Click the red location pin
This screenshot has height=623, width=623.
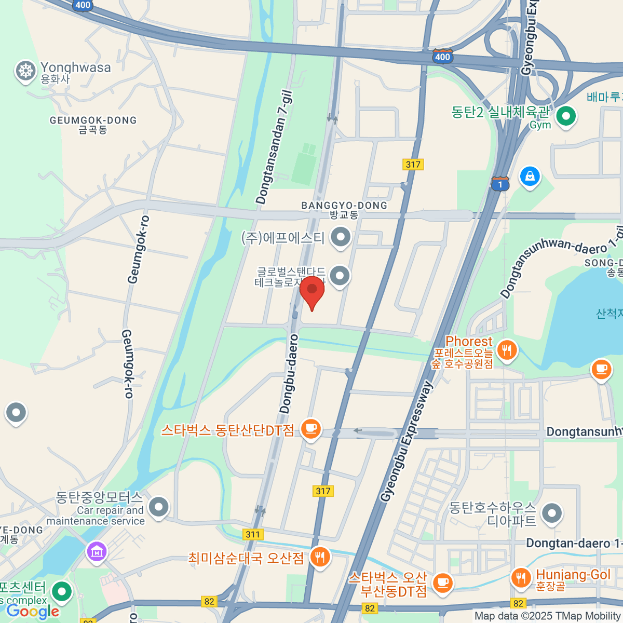click(x=312, y=290)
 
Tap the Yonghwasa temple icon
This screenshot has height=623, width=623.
click(x=25, y=71)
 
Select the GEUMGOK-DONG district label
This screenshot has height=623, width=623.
click(x=93, y=125)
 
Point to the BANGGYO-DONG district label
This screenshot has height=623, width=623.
click(x=344, y=209)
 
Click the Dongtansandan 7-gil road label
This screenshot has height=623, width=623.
click(x=274, y=147)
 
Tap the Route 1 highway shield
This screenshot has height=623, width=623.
click(x=500, y=184)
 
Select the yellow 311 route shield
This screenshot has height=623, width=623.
click(x=253, y=534)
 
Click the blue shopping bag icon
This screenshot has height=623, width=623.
click(x=530, y=177)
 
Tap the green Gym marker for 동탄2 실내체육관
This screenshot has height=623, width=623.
click(x=566, y=116)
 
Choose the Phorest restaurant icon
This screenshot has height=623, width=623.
click(x=507, y=349)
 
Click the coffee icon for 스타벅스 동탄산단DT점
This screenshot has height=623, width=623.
click(x=311, y=429)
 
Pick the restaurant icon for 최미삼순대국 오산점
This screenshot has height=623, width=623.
click(x=320, y=558)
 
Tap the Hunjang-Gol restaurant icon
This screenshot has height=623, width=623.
click(x=521, y=577)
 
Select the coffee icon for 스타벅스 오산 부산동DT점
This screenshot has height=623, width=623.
click(x=442, y=582)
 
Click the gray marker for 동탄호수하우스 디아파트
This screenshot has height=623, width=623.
click(x=551, y=513)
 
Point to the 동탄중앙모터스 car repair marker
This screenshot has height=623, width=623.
click(x=158, y=506)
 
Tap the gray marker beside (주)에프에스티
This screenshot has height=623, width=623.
click(x=341, y=237)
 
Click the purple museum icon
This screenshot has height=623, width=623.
click(x=97, y=552)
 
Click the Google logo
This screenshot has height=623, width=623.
click(x=33, y=612)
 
